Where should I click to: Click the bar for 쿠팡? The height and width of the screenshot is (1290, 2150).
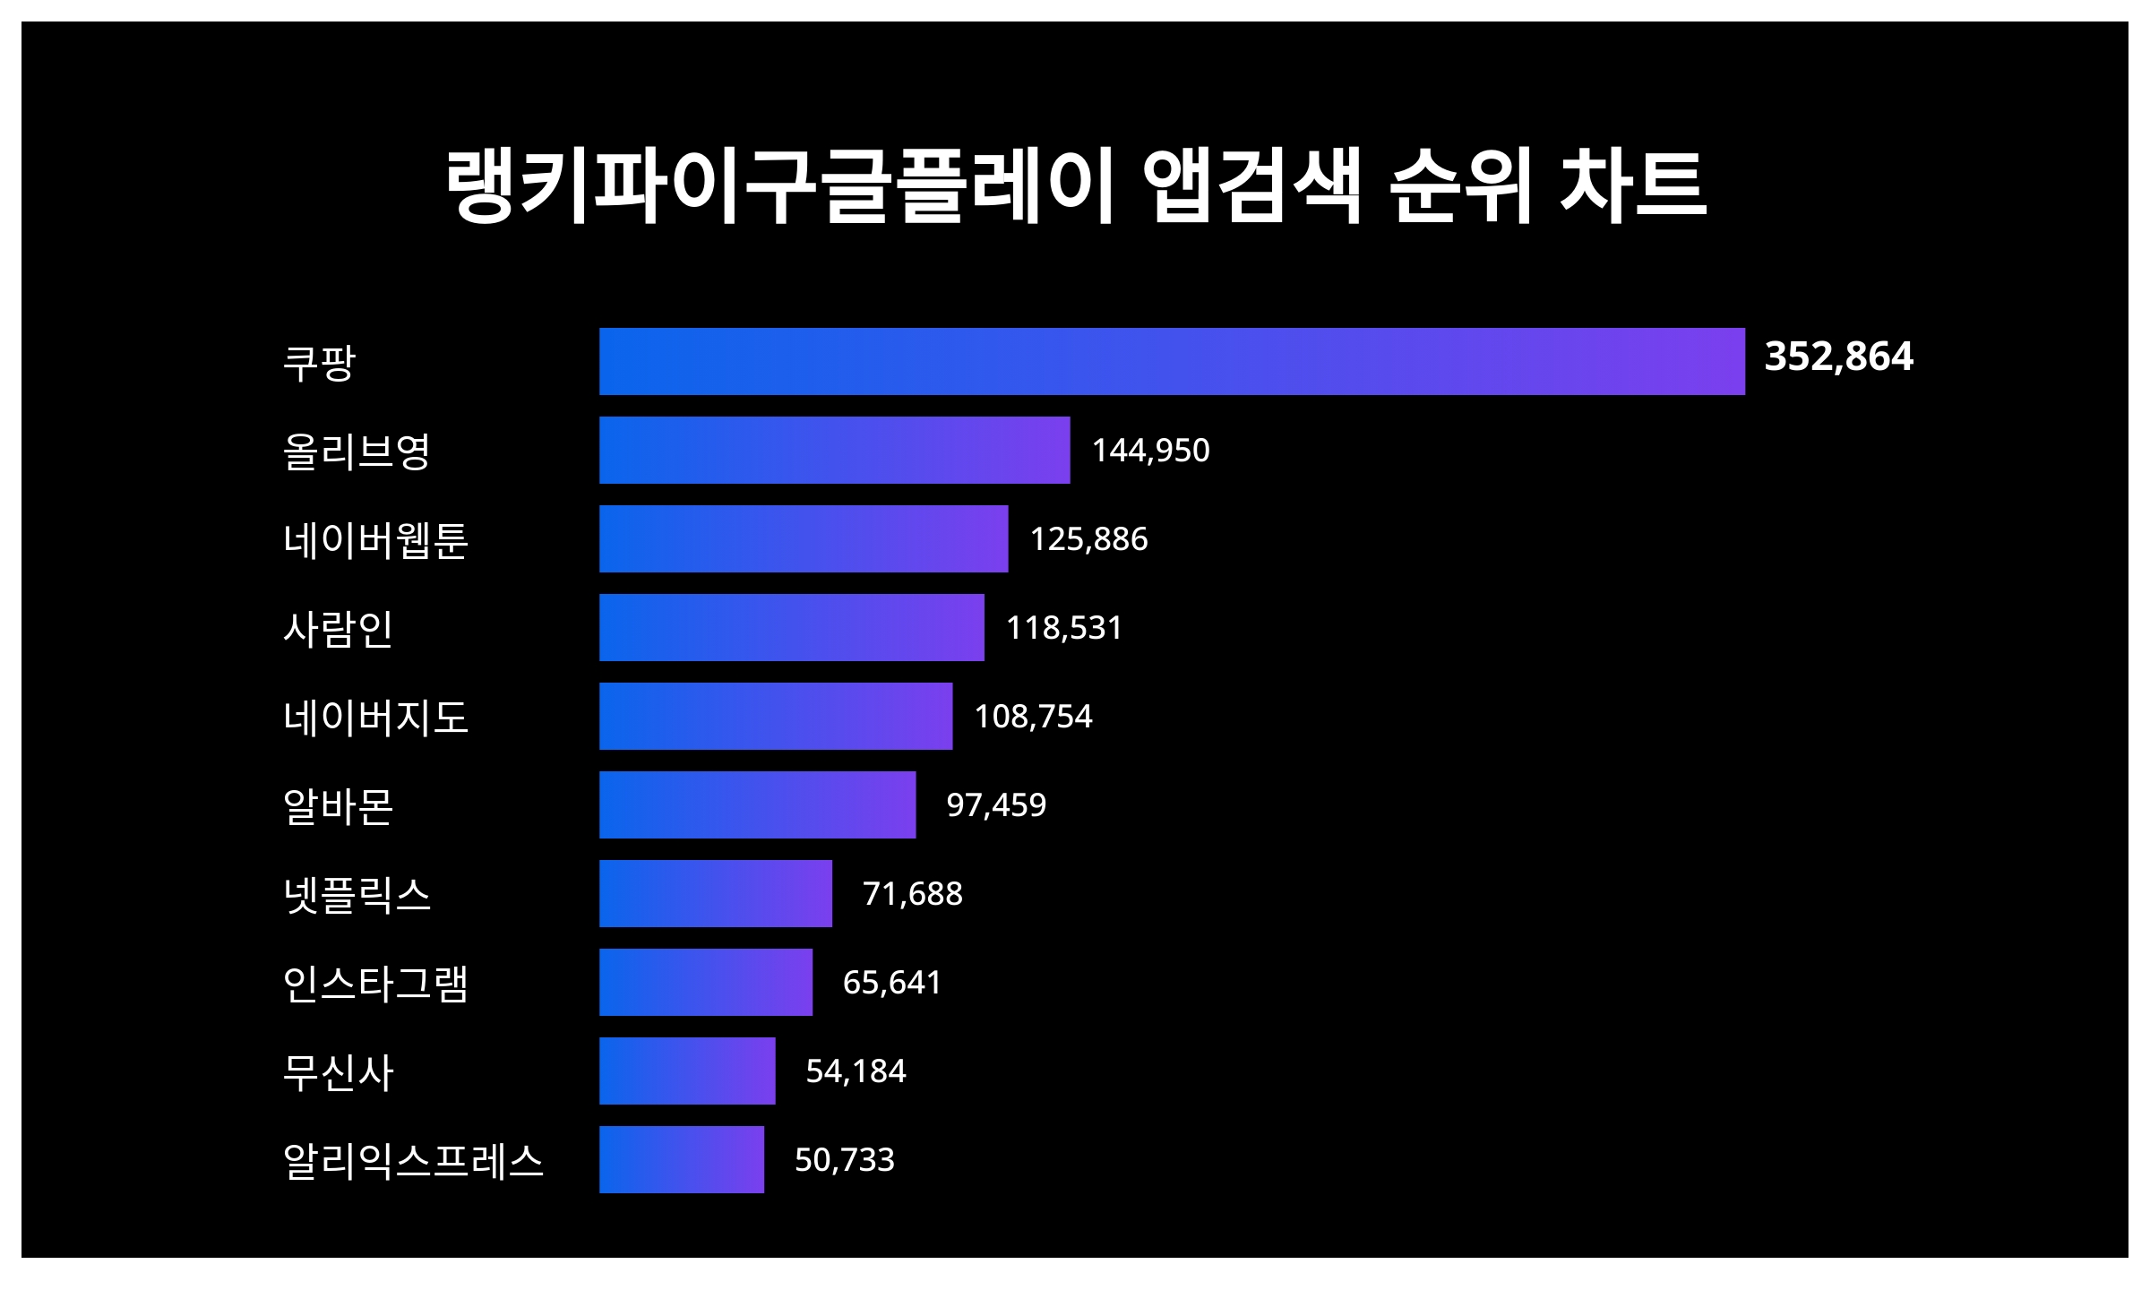point(1172,361)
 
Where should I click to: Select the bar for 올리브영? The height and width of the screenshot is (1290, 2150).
point(834,450)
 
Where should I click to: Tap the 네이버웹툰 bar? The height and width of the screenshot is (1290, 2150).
point(804,538)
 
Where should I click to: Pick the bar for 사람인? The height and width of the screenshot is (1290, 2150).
point(791,627)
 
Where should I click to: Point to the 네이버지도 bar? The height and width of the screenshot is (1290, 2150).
point(776,716)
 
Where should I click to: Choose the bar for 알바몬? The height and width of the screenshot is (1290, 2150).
point(757,804)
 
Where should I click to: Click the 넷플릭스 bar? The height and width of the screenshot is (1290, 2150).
point(715,893)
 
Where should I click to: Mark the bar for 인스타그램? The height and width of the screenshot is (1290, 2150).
point(705,982)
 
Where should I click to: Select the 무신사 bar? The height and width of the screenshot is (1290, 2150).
point(687,1071)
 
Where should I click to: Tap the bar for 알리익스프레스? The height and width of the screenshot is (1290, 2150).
point(681,1159)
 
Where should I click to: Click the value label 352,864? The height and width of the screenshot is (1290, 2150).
point(1838,357)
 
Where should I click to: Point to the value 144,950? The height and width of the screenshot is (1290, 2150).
point(1150,450)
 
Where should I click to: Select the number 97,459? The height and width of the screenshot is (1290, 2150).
point(996,804)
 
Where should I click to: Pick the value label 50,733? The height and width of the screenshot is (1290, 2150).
point(844,1160)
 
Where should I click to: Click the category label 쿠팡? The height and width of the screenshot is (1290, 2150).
point(319,362)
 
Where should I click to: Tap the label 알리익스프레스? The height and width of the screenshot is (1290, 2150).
point(413,1161)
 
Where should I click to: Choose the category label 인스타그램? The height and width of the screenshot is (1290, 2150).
point(375,984)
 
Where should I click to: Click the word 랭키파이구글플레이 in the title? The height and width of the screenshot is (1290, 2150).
point(779,185)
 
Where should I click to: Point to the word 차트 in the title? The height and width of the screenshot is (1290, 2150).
point(1632,185)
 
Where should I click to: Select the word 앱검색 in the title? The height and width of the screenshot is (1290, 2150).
point(1251,185)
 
